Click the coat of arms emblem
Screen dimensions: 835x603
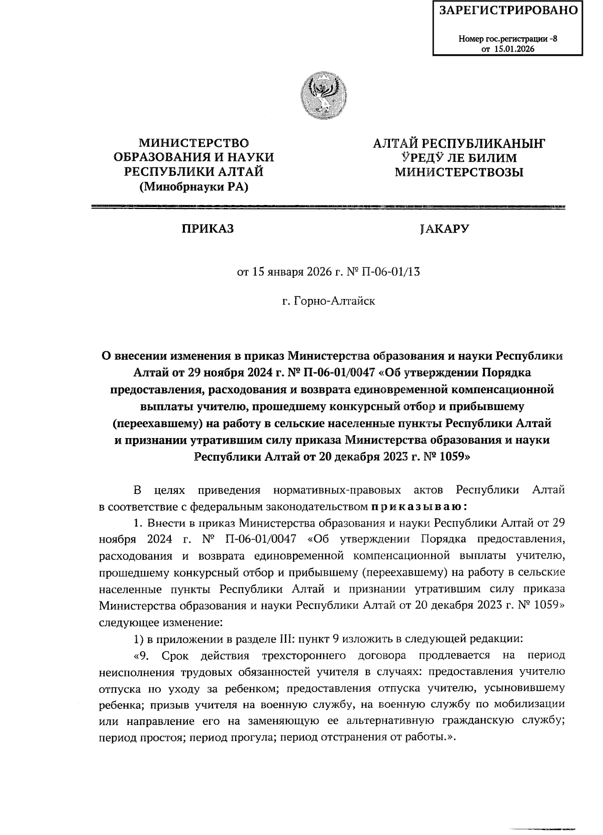pos(324,96)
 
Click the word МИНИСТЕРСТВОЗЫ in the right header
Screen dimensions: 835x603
pos(458,173)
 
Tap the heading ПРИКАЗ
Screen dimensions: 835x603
pos(208,229)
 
